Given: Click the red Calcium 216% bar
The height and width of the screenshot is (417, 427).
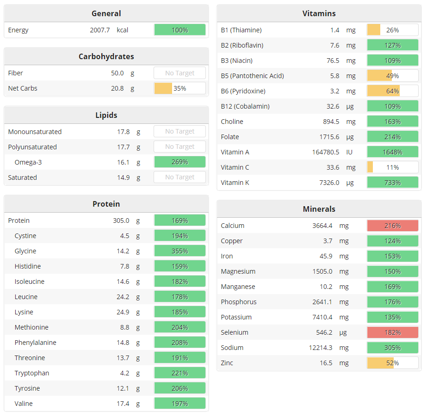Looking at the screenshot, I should (392, 226).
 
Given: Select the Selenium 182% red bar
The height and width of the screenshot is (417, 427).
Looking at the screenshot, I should (392, 332).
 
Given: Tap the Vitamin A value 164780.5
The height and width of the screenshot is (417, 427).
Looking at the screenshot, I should (326, 152).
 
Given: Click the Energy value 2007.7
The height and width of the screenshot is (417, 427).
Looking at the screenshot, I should (100, 30).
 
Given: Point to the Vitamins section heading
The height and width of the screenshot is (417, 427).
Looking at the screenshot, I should (319, 13).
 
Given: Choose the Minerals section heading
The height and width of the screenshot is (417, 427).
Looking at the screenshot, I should (319, 209).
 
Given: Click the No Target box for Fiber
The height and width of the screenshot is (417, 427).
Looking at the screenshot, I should (179, 73).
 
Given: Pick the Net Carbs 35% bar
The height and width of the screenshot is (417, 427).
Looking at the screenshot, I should (179, 88).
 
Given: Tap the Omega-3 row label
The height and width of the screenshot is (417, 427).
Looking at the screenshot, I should (28, 162).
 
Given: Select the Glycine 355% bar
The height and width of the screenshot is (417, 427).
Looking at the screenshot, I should (179, 251).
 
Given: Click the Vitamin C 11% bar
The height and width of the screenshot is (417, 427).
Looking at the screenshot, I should (392, 167).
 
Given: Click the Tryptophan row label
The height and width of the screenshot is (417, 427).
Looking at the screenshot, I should (31, 373).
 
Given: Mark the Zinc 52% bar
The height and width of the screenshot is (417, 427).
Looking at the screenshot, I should (392, 363).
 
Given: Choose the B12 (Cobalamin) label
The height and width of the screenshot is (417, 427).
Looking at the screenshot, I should (245, 106).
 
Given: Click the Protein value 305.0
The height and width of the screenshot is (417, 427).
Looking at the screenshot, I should (121, 221).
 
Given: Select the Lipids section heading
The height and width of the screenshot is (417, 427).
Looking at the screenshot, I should (106, 115).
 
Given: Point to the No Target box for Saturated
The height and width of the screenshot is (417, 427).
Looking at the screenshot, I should (179, 178).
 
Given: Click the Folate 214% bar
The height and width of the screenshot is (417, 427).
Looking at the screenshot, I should (392, 137).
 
